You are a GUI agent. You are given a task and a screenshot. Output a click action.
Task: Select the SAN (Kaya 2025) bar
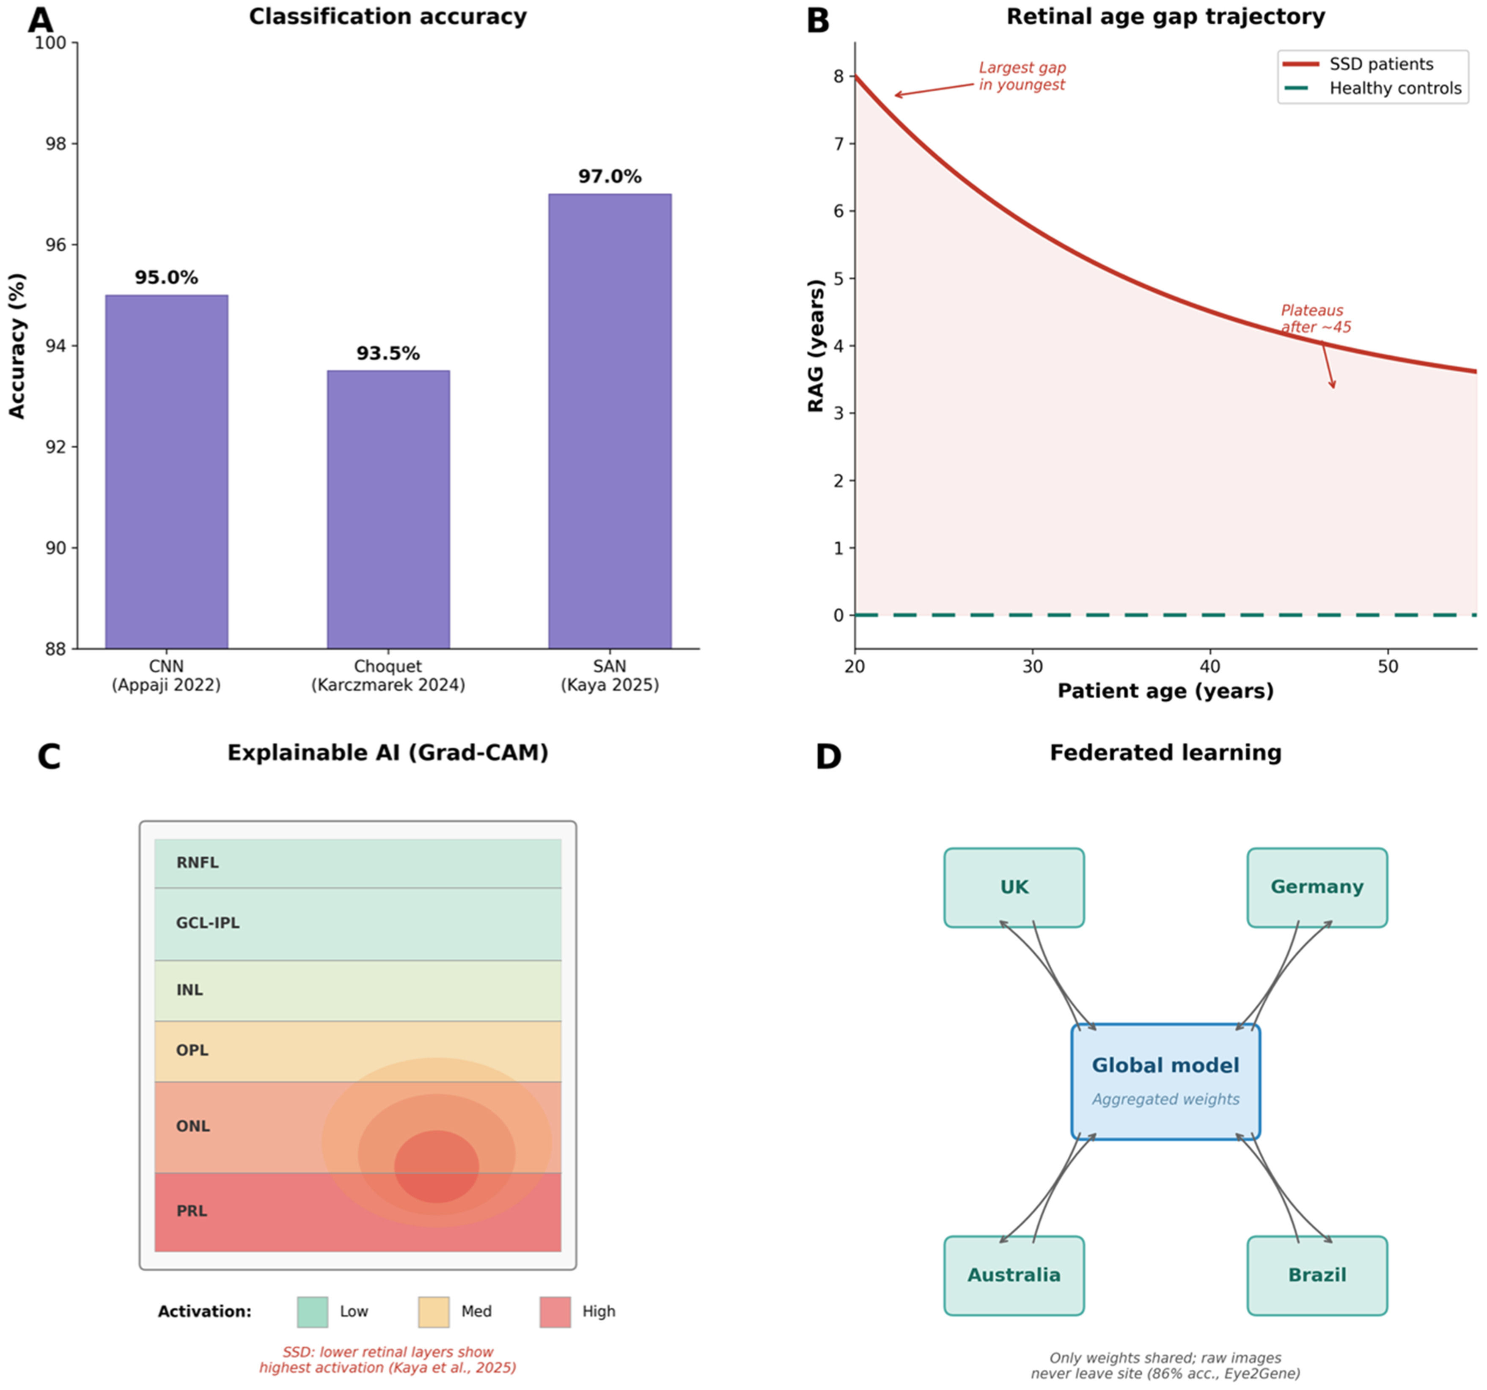[x=610, y=421]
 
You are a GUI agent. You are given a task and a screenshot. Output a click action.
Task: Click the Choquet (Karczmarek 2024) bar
[x=388, y=509]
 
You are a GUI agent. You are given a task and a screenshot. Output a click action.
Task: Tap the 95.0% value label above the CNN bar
[x=166, y=278]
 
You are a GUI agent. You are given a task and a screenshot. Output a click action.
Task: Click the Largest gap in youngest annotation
[x=1022, y=76]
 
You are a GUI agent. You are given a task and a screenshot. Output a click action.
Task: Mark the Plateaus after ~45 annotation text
[x=1316, y=319]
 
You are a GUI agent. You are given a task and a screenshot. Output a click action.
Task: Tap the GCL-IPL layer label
[x=208, y=923]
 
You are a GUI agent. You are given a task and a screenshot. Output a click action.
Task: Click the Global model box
[x=1165, y=1082]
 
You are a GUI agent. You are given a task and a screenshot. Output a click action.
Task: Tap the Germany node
[x=1317, y=887]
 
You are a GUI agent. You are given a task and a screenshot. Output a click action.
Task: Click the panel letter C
[x=49, y=757]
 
